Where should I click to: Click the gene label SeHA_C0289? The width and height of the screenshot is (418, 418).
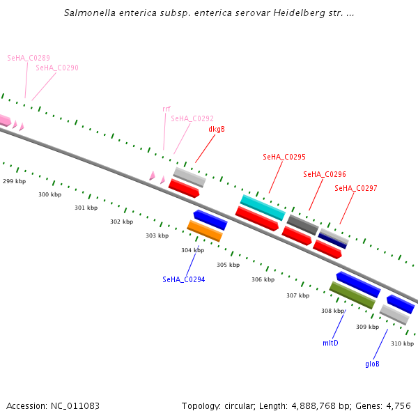(29, 58)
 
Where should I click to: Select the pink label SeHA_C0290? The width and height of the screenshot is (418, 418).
(57, 68)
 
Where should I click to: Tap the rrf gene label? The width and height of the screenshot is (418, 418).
(167, 109)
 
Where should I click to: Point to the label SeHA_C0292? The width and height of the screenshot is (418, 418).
(192, 118)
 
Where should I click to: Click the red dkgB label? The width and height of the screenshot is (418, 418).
(217, 129)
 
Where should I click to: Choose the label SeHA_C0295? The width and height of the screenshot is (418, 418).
(284, 157)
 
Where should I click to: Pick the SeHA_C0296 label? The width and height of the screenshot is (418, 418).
(325, 174)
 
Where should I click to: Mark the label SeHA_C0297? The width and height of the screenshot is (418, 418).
(356, 188)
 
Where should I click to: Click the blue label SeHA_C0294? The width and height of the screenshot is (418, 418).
(184, 279)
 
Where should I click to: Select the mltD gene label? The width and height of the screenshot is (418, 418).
(330, 343)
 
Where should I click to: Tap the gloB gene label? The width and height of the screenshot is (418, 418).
(373, 364)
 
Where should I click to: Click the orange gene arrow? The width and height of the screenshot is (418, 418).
(205, 231)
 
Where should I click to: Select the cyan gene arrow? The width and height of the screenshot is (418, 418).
(263, 208)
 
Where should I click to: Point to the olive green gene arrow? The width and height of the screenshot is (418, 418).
(352, 295)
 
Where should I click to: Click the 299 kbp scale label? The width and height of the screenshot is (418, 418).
(14, 181)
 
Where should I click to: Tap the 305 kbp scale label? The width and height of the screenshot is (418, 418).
(228, 265)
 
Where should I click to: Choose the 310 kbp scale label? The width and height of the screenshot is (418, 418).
(402, 343)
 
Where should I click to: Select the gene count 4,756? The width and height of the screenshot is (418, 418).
(398, 405)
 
